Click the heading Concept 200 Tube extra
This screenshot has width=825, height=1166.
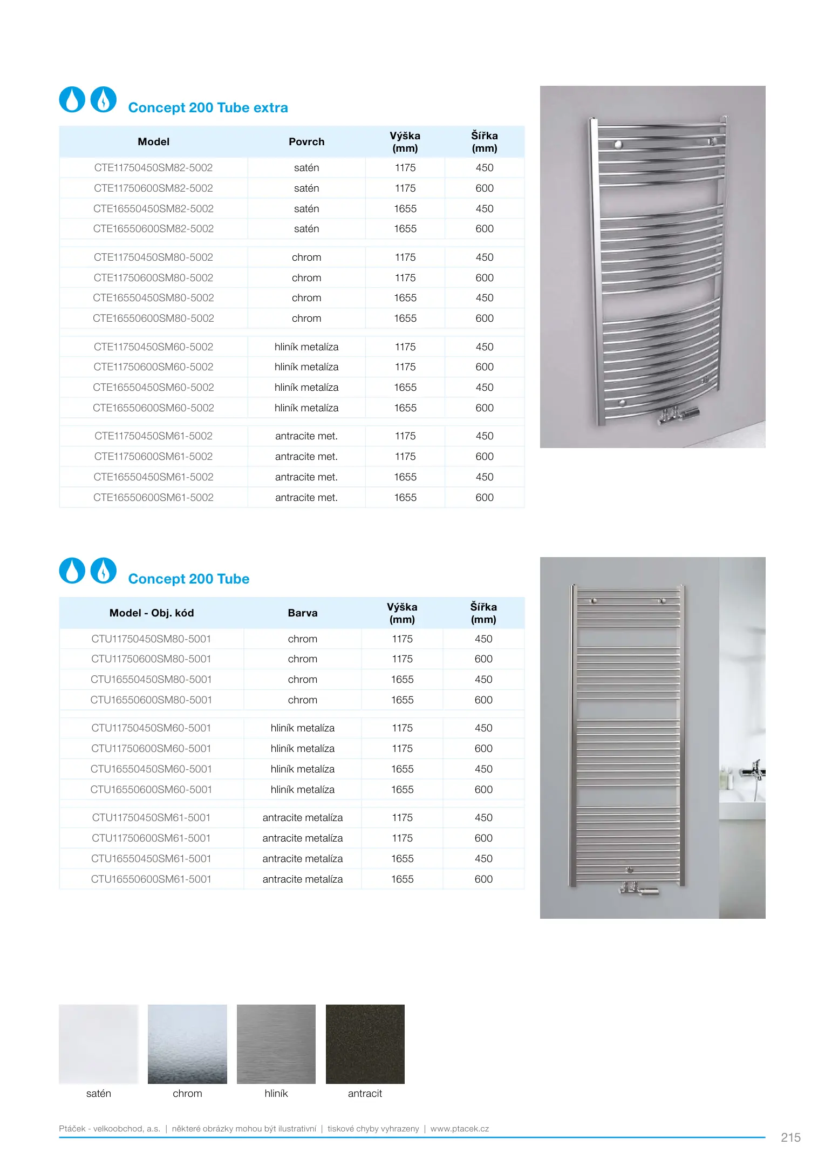pos(208,108)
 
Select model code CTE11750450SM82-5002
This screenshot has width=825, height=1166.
pos(153,168)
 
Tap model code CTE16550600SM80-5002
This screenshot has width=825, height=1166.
pos(153,318)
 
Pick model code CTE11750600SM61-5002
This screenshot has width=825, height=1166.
pos(153,457)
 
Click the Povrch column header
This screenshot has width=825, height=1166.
pos(306,142)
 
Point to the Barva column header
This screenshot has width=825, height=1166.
pos(303,613)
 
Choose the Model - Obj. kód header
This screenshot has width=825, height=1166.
pos(152,613)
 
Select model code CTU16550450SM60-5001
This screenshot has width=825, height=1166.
pos(151,769)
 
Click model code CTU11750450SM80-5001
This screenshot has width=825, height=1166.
pos(151,639)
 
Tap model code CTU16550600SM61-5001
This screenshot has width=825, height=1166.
pos(151,879)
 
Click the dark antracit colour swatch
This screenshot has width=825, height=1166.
pos(365,1044)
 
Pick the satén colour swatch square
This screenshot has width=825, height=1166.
pos(99,1044)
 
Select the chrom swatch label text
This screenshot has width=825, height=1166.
pos(187,1094)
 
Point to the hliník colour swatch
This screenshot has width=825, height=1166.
pos(276,1044)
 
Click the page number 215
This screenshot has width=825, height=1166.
pos(790,1138)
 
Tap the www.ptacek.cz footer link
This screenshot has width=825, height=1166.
pos(460,1129)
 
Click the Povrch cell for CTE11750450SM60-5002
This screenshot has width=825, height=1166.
pos(306,347)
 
